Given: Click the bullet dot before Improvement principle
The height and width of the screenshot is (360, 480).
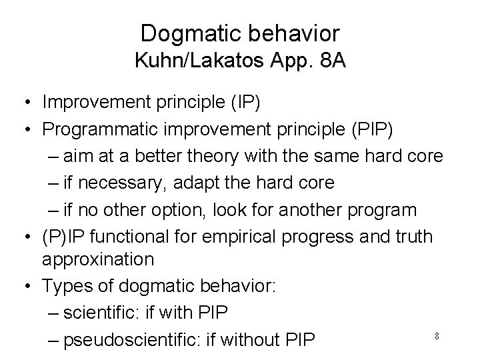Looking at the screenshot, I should point(23,103).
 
